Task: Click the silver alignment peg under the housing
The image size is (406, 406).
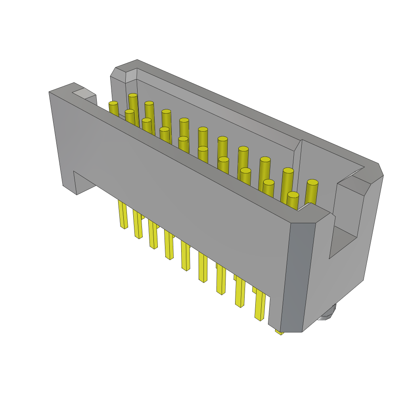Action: pos(327,313)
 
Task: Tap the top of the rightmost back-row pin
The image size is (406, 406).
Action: pos(312,182)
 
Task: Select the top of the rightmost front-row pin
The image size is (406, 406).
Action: pos(293,195)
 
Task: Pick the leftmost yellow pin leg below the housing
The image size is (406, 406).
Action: pos(123,214)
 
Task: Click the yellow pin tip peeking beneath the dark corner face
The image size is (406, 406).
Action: pos(280,332)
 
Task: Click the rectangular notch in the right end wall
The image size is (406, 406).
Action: pos(343,242)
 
